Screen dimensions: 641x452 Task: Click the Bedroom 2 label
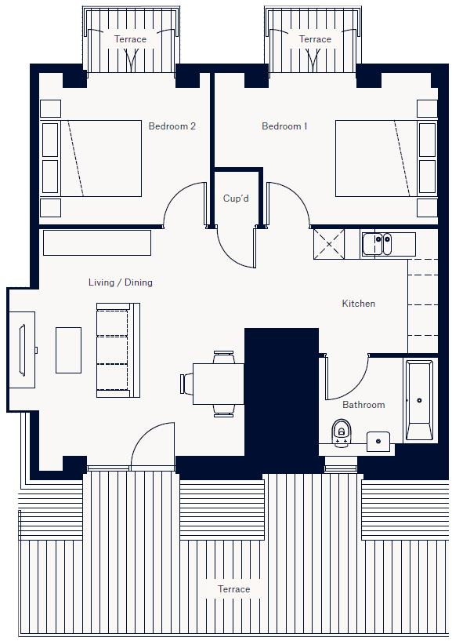pyautogui.click(x=172, y=126)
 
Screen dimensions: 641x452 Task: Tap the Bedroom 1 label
pyautogui.click(x=284, y=126)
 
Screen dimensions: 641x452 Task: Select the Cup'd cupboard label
pyautogui.click(x=236, y=198)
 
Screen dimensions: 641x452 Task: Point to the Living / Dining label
pyautogui.click(x=121, y=282)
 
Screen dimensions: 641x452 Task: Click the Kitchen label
pyautogui.click(x=358, y=304)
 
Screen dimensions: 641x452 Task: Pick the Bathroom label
pyautogui.click(x=363, y=405)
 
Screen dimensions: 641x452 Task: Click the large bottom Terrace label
pyautogui.click(x=233, y=589)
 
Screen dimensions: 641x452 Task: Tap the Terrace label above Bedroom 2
pyautogui.click(x=130, y=39)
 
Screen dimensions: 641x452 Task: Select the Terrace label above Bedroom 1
pyautogui.click(x=315, y=39)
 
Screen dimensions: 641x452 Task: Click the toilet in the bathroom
pyautogui.click(x=341, y=432)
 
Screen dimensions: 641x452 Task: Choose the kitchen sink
pyautogui.click(x=382, y=243)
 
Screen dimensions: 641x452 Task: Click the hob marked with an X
pyautogui.click(x=329, y=243)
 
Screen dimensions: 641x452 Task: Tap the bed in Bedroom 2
pyautogui.click(x=99, y=158)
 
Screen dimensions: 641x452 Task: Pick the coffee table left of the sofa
pyautogui.click(x=68, y=350)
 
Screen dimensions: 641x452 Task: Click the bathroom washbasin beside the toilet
pyautogui.click(x=379, y=441)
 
